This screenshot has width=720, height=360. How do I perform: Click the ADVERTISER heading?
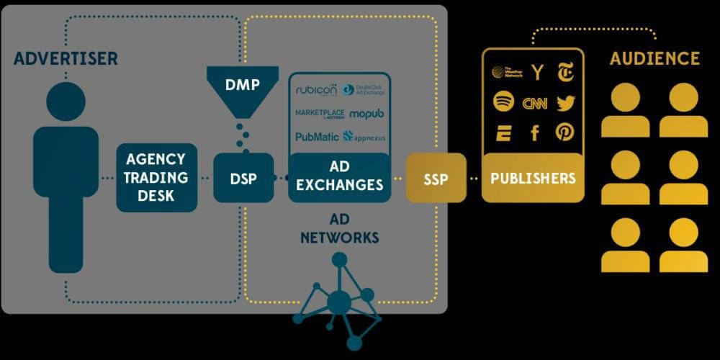(65, 58)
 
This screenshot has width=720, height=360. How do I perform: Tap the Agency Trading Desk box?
(156, 177)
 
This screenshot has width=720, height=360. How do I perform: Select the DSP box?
(243, 178)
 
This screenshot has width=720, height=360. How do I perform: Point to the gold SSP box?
(436, 178)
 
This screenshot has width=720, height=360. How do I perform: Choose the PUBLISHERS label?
(533, 178)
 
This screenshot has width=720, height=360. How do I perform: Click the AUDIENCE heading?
(654, 59)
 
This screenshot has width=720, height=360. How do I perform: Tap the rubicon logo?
(316, 90)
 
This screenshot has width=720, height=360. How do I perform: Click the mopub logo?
(367, 114)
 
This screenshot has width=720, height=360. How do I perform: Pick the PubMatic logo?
(317, 136)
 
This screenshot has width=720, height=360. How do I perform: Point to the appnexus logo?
(366, 136)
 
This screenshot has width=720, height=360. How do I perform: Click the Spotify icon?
(503, 102)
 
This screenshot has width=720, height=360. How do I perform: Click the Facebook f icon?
(535, 132)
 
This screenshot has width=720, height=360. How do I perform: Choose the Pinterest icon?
(565, 132)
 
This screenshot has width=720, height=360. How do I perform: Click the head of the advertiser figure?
(65, 102)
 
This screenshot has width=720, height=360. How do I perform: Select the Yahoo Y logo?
(536, 72)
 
